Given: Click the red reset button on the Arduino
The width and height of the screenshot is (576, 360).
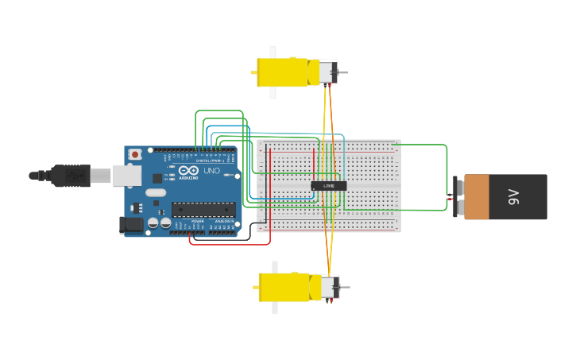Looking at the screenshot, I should point(136,153).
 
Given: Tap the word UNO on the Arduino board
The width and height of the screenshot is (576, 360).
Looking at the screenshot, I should point(211,171).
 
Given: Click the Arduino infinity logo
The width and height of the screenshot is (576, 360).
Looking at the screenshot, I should point(189,171).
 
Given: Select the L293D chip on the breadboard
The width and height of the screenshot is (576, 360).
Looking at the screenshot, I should point(328,185).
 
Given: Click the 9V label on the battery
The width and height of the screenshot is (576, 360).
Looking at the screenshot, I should point(514,197).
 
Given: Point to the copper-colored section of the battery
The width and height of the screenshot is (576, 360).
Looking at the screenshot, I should point(477,197).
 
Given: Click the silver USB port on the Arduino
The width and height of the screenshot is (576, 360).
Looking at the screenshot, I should point(127,176).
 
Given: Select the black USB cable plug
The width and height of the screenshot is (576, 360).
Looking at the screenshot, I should point(72,175).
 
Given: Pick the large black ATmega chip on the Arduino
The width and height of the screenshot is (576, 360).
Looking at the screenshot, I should point(203,209).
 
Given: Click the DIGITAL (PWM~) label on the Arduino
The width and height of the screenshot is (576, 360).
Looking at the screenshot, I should point(209,161).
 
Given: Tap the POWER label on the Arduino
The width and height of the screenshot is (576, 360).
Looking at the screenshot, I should point(198,222).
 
